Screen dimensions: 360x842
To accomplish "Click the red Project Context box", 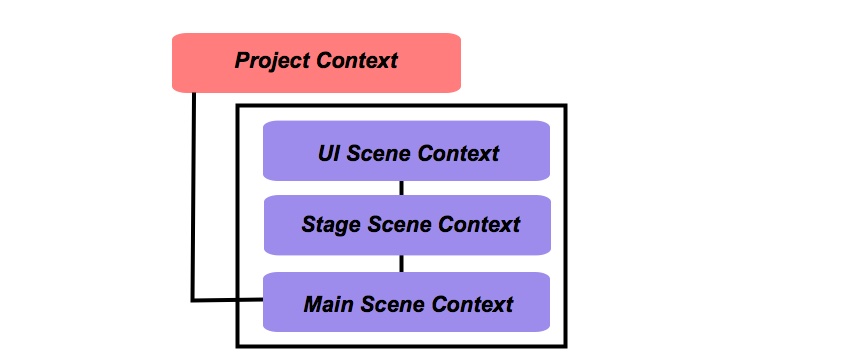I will (x=316, y=62).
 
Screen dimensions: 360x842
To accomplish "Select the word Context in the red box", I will (x=357, y=61).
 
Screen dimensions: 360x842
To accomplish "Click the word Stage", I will (x=331, y=224).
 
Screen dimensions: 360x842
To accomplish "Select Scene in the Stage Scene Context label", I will (x=396, y=224).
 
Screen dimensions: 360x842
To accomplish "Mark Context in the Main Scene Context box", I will (x=471, y=303).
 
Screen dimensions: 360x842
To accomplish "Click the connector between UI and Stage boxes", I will (x=402, y=188).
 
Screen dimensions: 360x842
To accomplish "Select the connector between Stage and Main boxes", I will (x=402, y=263).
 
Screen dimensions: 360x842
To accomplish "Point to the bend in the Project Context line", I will (x=194, y=298).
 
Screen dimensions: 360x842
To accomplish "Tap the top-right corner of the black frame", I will (x=565, y=105).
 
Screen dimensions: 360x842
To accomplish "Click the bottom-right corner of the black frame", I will (x=565, y=346).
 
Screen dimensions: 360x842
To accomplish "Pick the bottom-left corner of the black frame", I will (x=238, y=346).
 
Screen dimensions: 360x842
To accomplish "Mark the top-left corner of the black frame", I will (x=238, y=105).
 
